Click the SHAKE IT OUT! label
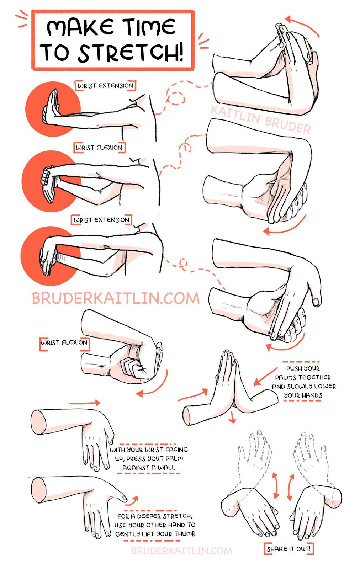(x=288, y=549)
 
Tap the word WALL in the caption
(x=166, y=467)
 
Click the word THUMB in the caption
(x=185, y=534)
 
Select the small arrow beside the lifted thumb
(x=132, y=501)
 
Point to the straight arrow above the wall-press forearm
(x=85, y=403)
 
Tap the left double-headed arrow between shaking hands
(x=276, y=485)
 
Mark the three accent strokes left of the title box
(x=22, y=18)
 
